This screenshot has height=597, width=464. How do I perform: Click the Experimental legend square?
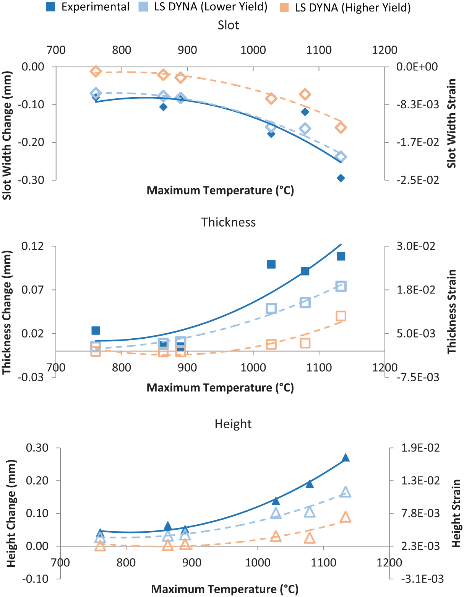(x=51, y=7)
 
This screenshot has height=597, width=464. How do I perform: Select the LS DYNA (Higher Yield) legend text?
(x=353, y=8)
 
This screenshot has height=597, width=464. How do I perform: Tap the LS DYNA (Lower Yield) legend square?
(x=143, y=7)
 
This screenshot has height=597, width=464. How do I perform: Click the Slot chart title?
(x=228, y=25)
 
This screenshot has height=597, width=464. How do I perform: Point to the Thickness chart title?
(x=228, y=222)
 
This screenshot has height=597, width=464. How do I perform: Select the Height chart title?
(x=233, y=424)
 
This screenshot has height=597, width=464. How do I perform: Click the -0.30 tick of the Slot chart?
(x=31, y=180)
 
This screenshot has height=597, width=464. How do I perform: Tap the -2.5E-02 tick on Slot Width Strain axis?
(x=417, y=180)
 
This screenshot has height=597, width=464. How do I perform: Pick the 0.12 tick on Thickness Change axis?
(x=32, y=246)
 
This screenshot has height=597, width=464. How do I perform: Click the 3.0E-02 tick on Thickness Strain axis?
(x=416, y=246)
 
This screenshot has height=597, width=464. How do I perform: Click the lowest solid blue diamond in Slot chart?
(x=341, y=178)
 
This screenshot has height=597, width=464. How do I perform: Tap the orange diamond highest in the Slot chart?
(x=96, y=72)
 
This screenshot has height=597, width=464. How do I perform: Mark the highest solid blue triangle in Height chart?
(x=346, y=457)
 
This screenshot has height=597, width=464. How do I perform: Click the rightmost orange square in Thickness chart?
(x=341, y=316)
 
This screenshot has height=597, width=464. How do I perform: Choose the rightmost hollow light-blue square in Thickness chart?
(x=341, y=286)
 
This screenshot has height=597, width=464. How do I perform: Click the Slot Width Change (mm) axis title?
(x=7, y=135)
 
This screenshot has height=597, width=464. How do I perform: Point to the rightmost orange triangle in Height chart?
(x=346, y=517)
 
